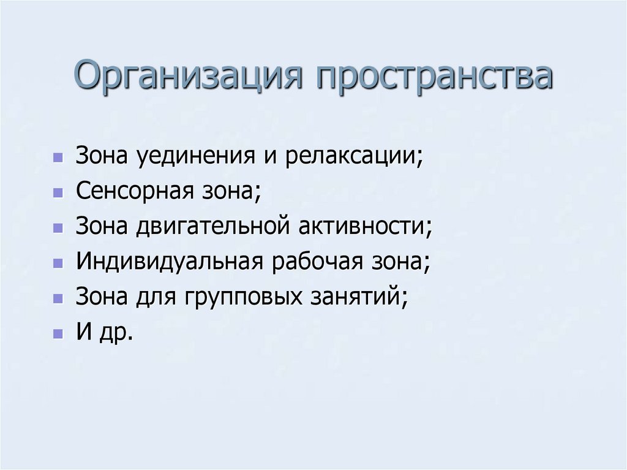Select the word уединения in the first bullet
click(x=196, y=156)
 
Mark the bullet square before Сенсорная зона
click(x=57, y=193)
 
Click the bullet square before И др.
click(x=57, y=335)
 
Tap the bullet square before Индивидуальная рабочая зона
click(x=57, y=264)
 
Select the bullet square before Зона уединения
click(x=57, y=157)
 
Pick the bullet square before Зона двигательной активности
click(x=57, y=229)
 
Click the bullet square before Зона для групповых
click(x=57, y=300)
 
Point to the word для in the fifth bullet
click(x=154, y=298)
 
